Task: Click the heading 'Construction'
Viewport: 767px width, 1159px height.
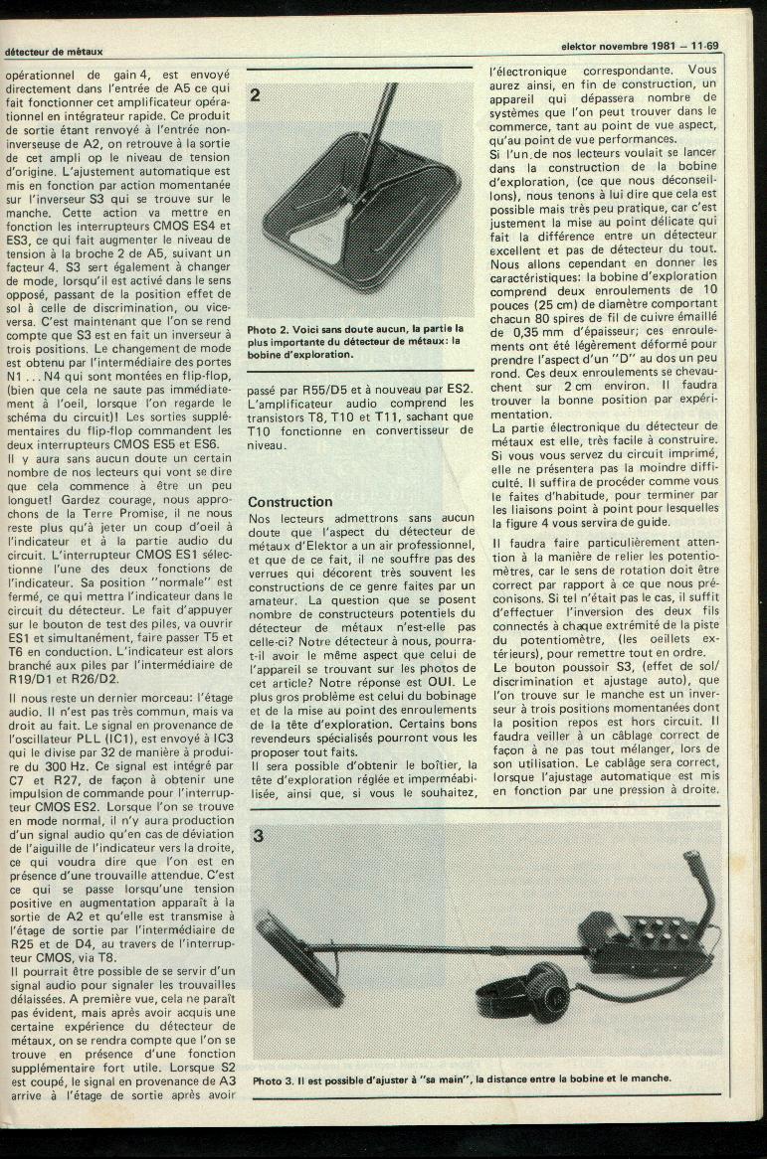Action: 289,502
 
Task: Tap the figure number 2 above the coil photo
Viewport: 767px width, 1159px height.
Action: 256,96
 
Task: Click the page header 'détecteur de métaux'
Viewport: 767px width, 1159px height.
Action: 54,51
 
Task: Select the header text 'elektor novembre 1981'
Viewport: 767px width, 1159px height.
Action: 618,46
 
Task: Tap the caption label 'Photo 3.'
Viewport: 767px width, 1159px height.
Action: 273,1078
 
